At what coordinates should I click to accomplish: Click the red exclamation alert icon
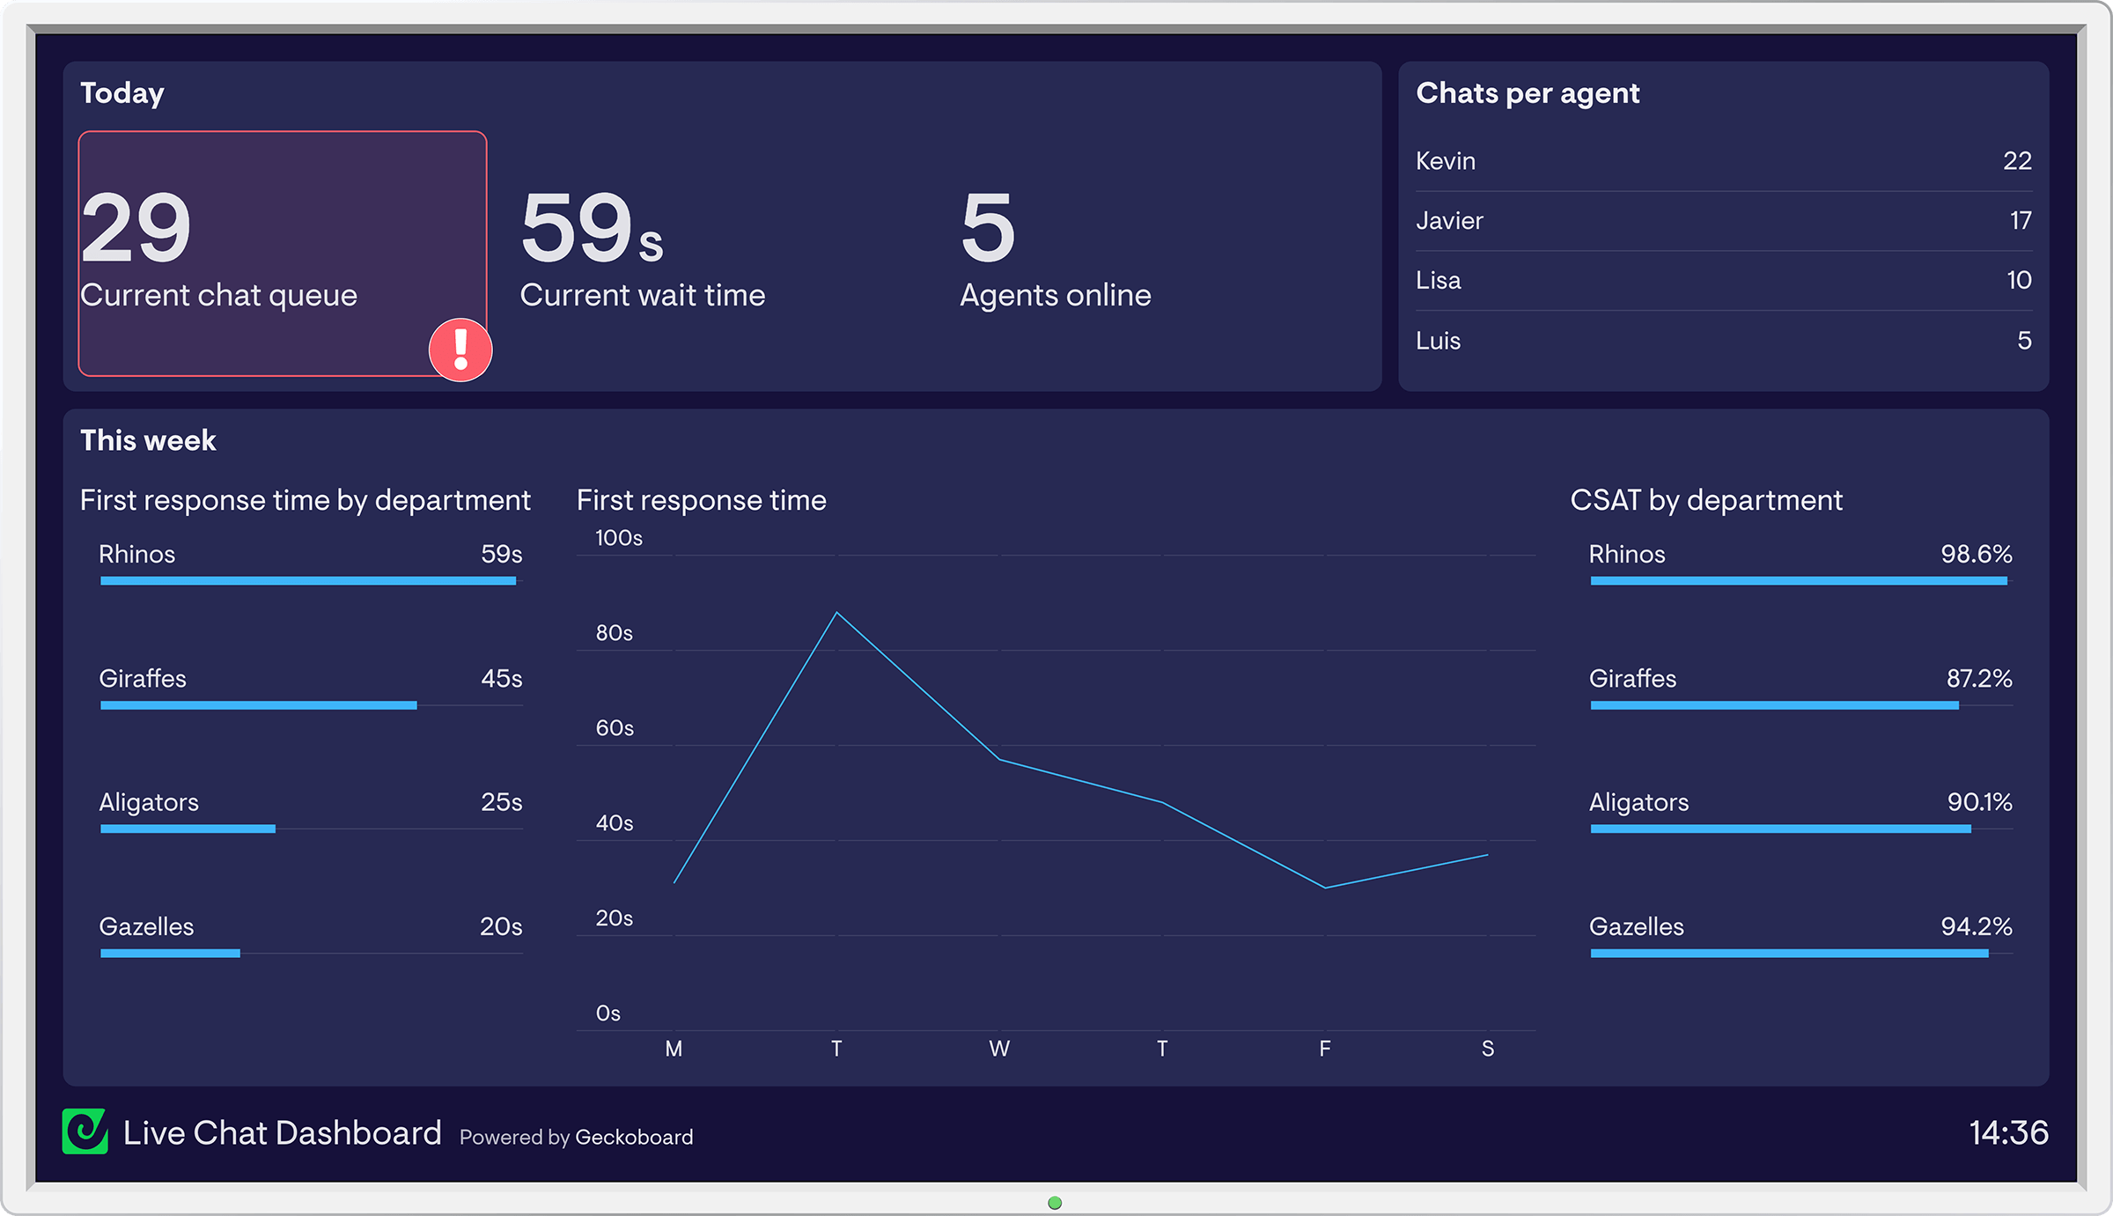tap(460, 350)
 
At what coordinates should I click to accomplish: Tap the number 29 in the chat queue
tap(136, 228)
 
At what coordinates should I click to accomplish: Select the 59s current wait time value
tap(590, 228)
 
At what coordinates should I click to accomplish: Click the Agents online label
tap(1055, 295)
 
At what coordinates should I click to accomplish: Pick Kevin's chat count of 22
tap(2017, 161)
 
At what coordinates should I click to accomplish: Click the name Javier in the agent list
tap(1449, 221)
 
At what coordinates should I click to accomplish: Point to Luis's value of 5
tap(2024, 341)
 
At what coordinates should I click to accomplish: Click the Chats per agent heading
tap(1527, 93)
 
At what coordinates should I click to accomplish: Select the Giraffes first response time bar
tap(258, 705)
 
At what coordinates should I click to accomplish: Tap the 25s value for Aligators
tap(501, 802)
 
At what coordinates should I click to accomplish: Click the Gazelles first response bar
tap(170, 953)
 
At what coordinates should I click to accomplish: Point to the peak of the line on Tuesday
tap(836, 613)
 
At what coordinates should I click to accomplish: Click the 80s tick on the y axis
tap(614, 633)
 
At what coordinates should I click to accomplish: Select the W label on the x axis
tap(998, 1049)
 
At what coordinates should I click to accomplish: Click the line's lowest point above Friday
tap(1324, 887)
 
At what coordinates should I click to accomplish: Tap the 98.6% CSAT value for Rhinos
tap(1976, 555)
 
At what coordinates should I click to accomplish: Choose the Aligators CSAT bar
tap(1780, 829)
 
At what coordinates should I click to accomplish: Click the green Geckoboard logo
tap(85, 1131)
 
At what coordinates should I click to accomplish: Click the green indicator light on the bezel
tap(1055, 1203)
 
